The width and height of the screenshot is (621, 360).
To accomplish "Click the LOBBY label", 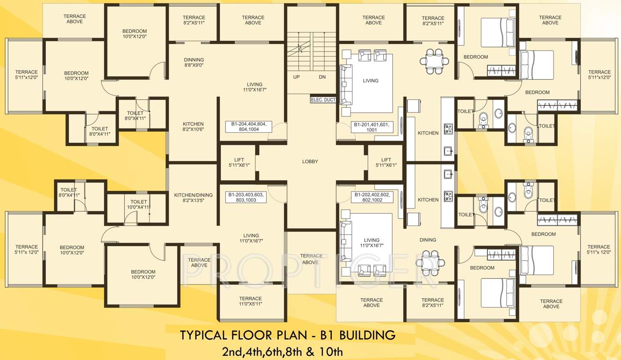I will [x=310, y=162].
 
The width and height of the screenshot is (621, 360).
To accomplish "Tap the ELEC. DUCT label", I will [x=323, y=100].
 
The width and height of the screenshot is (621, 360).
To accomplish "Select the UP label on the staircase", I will [x=297, y=77].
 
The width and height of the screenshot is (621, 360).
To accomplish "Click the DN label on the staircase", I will [x=322, y=77].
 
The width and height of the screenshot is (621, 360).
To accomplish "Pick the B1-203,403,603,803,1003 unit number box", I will [x=246, y=197].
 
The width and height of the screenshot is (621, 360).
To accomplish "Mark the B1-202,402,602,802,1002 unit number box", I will [x=372, y=197].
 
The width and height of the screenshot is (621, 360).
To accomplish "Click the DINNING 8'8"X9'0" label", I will [x=194, y=62].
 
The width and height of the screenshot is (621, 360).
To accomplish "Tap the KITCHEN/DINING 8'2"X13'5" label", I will [x=193, y=198].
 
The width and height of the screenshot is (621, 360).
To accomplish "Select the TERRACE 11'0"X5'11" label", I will [x=250, y=301].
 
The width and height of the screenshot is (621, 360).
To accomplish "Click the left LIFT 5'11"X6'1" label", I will [x=239, y=163].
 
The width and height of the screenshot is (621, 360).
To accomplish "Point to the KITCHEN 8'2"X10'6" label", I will [x=193, y=127].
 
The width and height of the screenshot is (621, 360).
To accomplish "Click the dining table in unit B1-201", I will [x=434, y=60].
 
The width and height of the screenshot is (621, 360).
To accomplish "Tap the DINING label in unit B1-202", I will [x=428, y=240].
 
